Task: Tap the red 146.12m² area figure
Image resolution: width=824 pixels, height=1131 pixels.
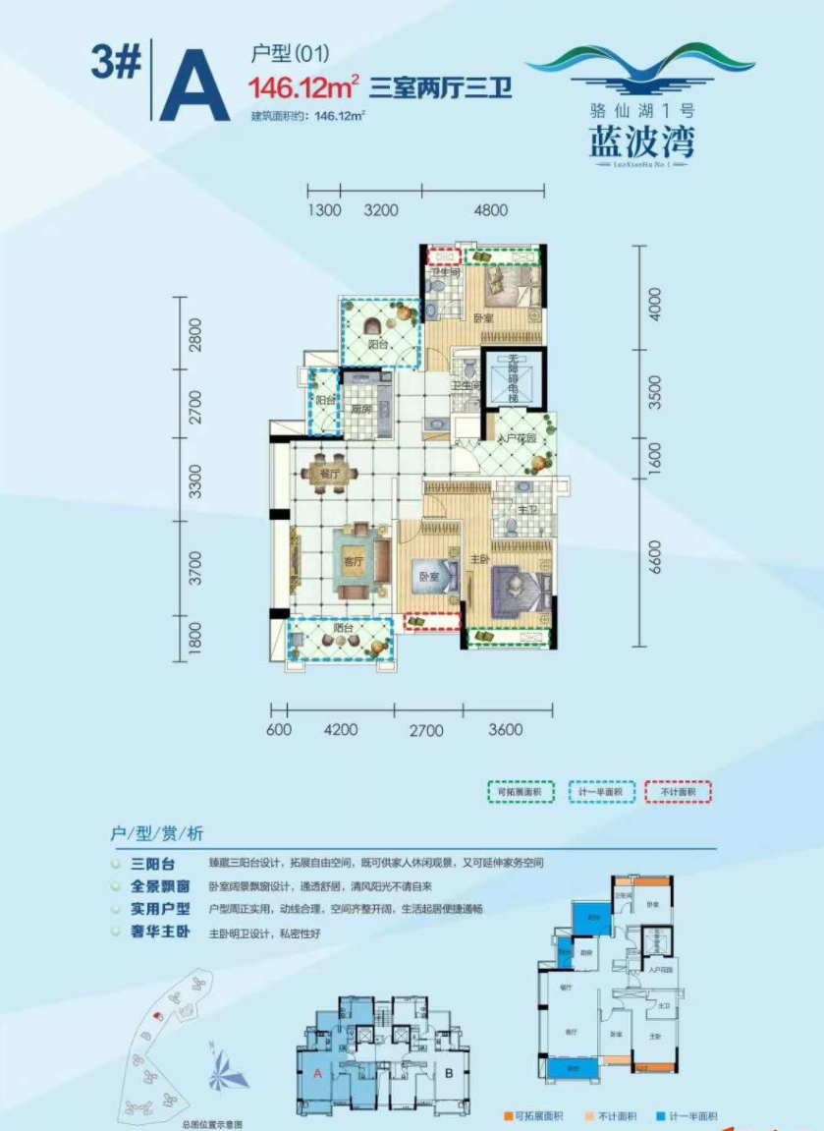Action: pos(302,88)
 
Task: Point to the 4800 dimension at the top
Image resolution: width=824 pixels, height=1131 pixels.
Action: pos(489,209)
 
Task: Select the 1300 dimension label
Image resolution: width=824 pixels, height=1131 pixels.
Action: pos(323,209)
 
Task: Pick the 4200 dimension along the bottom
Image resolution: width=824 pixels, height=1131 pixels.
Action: pos(340,730)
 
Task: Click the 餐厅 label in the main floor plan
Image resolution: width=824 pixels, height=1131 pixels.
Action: pos(329,473)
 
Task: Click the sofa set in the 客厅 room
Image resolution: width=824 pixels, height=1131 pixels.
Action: pos(353,562)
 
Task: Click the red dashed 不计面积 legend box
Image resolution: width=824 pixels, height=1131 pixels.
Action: pos(678,791)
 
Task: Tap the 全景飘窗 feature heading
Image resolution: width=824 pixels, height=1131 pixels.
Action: pos(153,885)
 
